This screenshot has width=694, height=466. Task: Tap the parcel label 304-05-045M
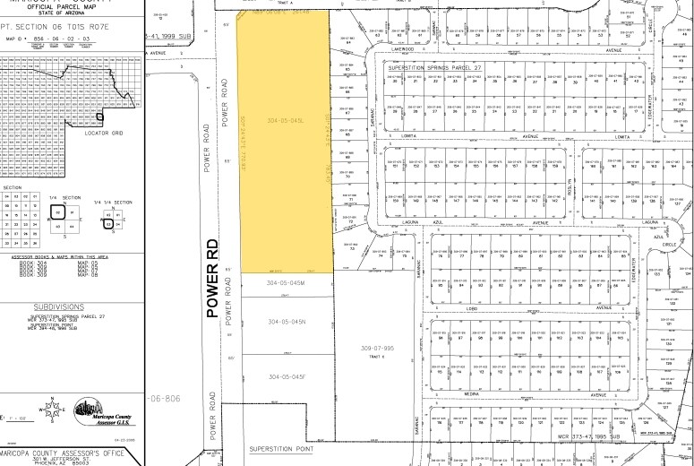(287, 283)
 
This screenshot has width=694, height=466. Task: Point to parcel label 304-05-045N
(287, 321)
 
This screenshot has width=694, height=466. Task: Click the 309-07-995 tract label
(378, 346)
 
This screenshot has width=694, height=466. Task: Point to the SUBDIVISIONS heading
(67, 305)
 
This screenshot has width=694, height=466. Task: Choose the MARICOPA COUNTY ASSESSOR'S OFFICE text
(67, 450)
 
